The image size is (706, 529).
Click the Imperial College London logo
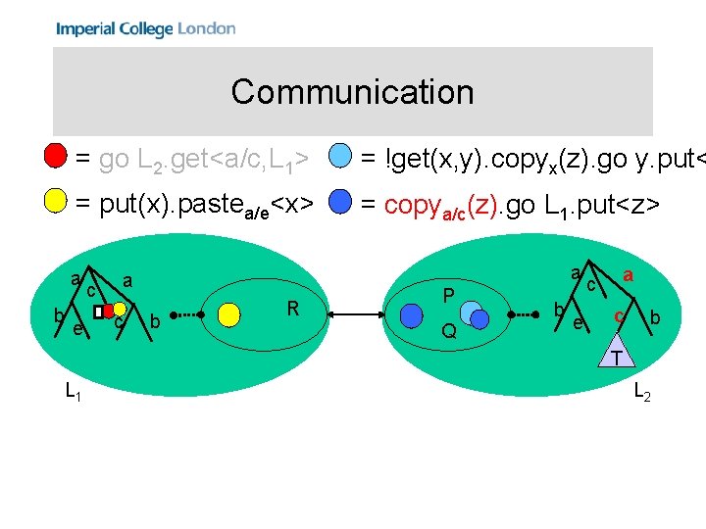coord(145,28)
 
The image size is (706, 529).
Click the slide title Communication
coord(352,92)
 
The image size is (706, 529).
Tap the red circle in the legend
coord(57,156)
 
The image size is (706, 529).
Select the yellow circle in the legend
coord(57,203)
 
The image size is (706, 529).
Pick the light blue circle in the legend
coord(340,156)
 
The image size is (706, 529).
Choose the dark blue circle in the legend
coord(340,203)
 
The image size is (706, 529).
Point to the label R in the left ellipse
coord(292,310)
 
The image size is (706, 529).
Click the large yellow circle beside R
coord(229,313)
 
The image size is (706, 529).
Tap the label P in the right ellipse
coord(448,296)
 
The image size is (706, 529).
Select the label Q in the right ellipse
coord(448,331)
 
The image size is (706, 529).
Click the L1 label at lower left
coord(73,392)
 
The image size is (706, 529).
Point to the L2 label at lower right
coord(642,392)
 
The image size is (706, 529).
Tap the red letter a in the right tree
coord(628,276)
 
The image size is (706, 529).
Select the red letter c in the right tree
coord(619,315)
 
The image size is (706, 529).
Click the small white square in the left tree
coord(99,312)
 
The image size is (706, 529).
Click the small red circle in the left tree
coord(108,312)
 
